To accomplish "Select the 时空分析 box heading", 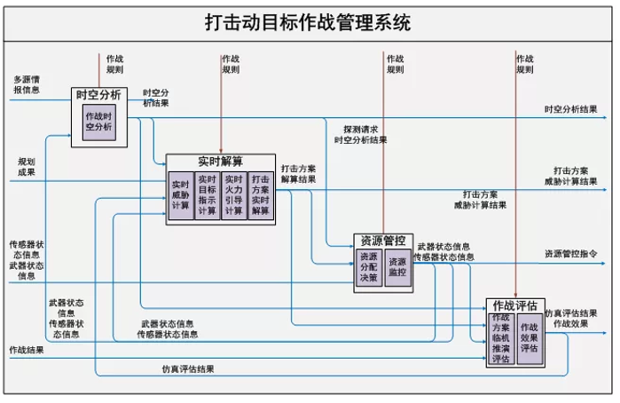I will pos(98,94).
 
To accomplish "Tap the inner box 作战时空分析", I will pos(98,121).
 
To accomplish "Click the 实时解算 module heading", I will pos(220,161).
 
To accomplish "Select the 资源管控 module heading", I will pos(382,241).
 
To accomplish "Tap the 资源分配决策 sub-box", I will pos(368,267).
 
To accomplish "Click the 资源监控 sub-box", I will pos(397,267).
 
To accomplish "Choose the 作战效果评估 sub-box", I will pos(530,337).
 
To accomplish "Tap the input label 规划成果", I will pos(27,167).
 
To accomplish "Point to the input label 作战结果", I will pos(26,350).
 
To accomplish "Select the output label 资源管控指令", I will pos(570,254).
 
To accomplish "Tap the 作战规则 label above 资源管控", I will pos(395,63).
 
